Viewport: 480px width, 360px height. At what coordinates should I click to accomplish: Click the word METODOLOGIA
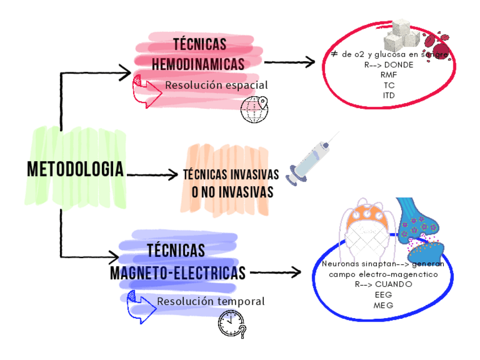[x=75, y=168]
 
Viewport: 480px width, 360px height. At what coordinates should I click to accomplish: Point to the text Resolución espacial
[x=216, y=85]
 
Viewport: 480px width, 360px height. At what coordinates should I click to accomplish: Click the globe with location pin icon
[x=254, y=109]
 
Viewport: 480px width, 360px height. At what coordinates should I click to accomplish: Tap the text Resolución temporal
[x=211, y=302]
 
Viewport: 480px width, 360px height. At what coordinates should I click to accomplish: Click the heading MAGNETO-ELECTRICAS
[x=178, y=273]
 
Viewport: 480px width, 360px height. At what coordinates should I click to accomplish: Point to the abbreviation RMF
[x=389, y=75]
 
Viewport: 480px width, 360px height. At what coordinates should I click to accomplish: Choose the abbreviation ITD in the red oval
[x=389, y=95]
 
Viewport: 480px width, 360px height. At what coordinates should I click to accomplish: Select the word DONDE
[x=398, y=65]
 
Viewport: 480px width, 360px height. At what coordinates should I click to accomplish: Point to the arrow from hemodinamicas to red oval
[x=289, y=62]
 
